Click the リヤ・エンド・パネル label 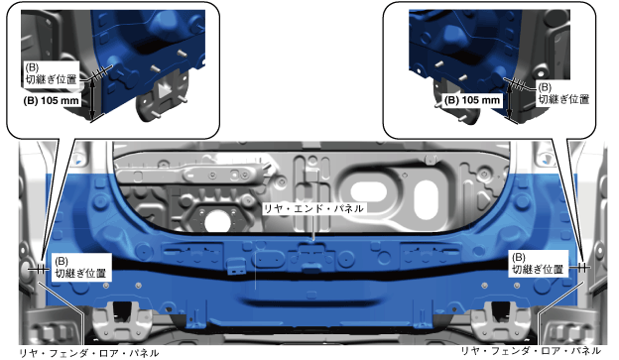313,208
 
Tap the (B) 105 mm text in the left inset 51,100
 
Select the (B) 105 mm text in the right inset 472,100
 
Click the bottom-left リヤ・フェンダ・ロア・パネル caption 89,352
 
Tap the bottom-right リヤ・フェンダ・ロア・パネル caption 531,350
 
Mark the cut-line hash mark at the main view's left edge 41,270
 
